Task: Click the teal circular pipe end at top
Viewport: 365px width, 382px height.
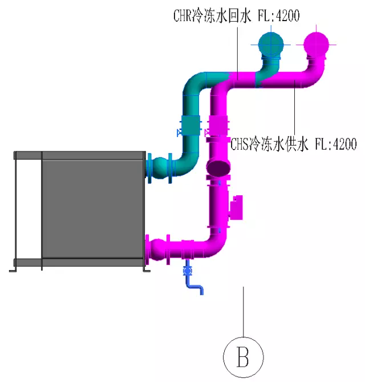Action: click(271, 44)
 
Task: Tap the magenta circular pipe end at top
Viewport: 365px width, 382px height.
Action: click(316, 44)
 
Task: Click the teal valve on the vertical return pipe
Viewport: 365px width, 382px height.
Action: click(190, 126)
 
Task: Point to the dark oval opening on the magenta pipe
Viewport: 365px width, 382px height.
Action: click(220, 168)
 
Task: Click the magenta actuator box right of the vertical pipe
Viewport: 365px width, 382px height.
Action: click(236, 207)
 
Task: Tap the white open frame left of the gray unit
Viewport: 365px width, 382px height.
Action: click(28, 209)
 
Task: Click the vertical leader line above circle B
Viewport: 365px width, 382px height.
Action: click(244, 311)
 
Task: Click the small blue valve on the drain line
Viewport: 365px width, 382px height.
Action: click(187, 270)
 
